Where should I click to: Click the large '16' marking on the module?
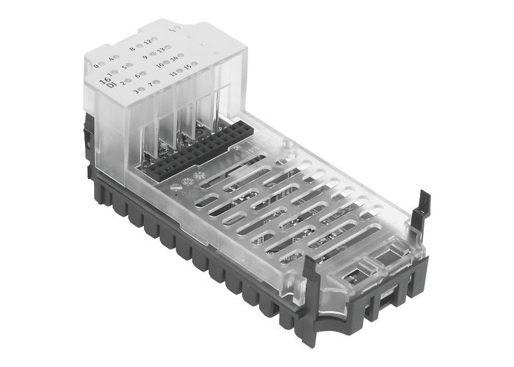pyautogui.click(x=104, y=77)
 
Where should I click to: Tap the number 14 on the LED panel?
pyautogui.click(x=175, y=58)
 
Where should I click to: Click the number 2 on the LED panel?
pyautogui.click(x=123, y=83)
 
